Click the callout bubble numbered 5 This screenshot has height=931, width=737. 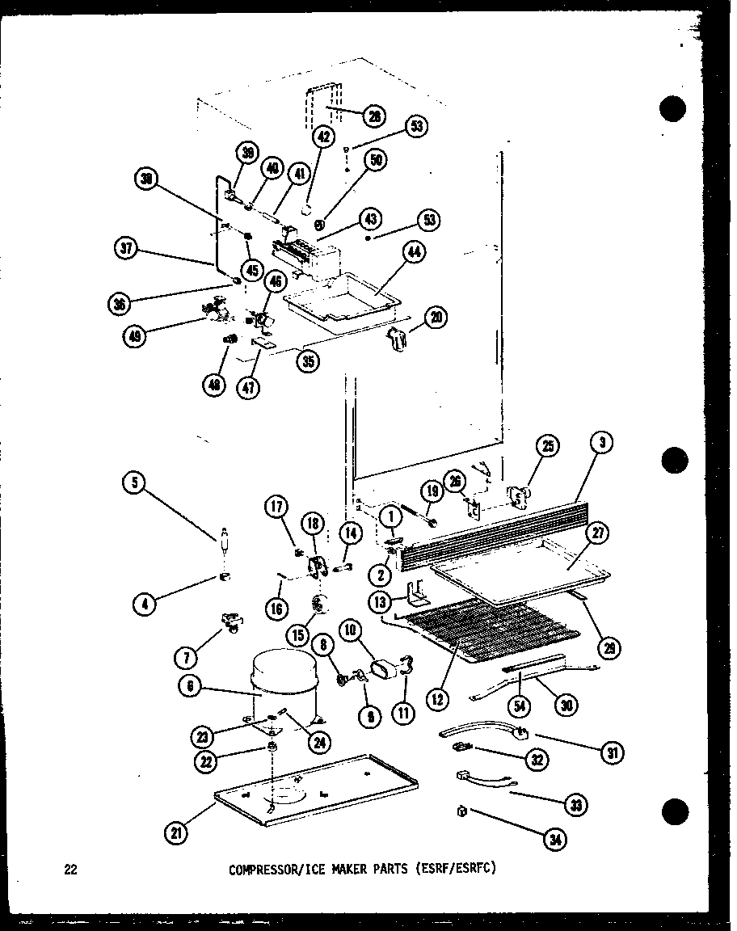(x=134, y=484)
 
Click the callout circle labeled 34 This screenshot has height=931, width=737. (x=555, y=840)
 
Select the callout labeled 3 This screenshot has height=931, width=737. (x=605, y=442)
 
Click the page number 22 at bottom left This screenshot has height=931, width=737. (x=71, y=870)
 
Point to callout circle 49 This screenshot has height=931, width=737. (x=135, y=337)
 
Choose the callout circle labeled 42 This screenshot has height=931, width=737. (x=326, y=137)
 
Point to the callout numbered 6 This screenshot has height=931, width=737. (x=192, y=687)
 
